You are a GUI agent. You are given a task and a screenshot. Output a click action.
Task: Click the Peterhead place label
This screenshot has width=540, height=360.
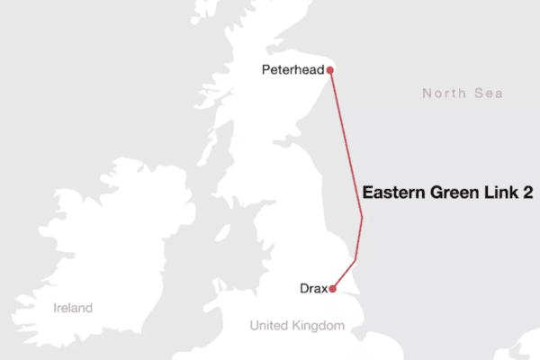[x=292, y=69]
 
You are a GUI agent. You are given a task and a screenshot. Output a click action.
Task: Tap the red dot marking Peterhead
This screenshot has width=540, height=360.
[x=331, y=69]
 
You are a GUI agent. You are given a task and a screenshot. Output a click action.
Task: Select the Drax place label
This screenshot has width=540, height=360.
[x=312, y=289]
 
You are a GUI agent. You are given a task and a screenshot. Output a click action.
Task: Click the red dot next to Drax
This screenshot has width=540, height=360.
[x=333, y=289]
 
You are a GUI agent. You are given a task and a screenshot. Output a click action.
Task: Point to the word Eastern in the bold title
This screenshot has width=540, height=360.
[x=392, y=193]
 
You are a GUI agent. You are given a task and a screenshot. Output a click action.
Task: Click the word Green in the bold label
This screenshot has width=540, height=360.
[x=455, y=193]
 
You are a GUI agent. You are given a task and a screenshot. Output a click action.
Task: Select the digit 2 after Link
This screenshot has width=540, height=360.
[x=526, y=193]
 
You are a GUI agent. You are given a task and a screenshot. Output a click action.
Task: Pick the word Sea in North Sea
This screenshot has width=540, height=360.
[x=489, y=94]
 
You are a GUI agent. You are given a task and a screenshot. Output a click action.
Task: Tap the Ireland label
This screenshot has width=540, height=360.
[x=72, y=308]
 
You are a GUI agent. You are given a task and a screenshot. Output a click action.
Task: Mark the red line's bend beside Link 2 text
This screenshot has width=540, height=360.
[x=362, y=217]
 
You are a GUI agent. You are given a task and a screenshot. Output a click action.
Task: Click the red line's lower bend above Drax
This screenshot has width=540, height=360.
[x=356, y=260]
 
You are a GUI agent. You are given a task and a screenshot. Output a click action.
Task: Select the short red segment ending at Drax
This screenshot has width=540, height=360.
[x=345, y=274]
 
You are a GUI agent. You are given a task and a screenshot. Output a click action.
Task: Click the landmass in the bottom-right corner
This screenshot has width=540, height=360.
[x=526, y=346]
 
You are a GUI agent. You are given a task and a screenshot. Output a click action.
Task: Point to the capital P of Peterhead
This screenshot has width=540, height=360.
[x=265, y=69]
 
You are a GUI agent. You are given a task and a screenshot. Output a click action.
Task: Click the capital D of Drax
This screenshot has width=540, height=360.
[x=303, y=289]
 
